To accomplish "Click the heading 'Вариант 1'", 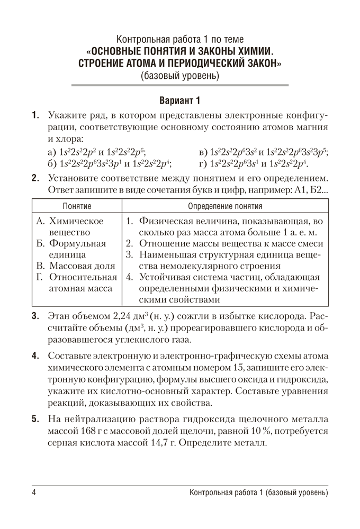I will click(x=180, y=101).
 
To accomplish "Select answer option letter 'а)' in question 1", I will click(x=52, y=151).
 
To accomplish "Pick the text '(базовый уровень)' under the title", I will click(x=180, y=76).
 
